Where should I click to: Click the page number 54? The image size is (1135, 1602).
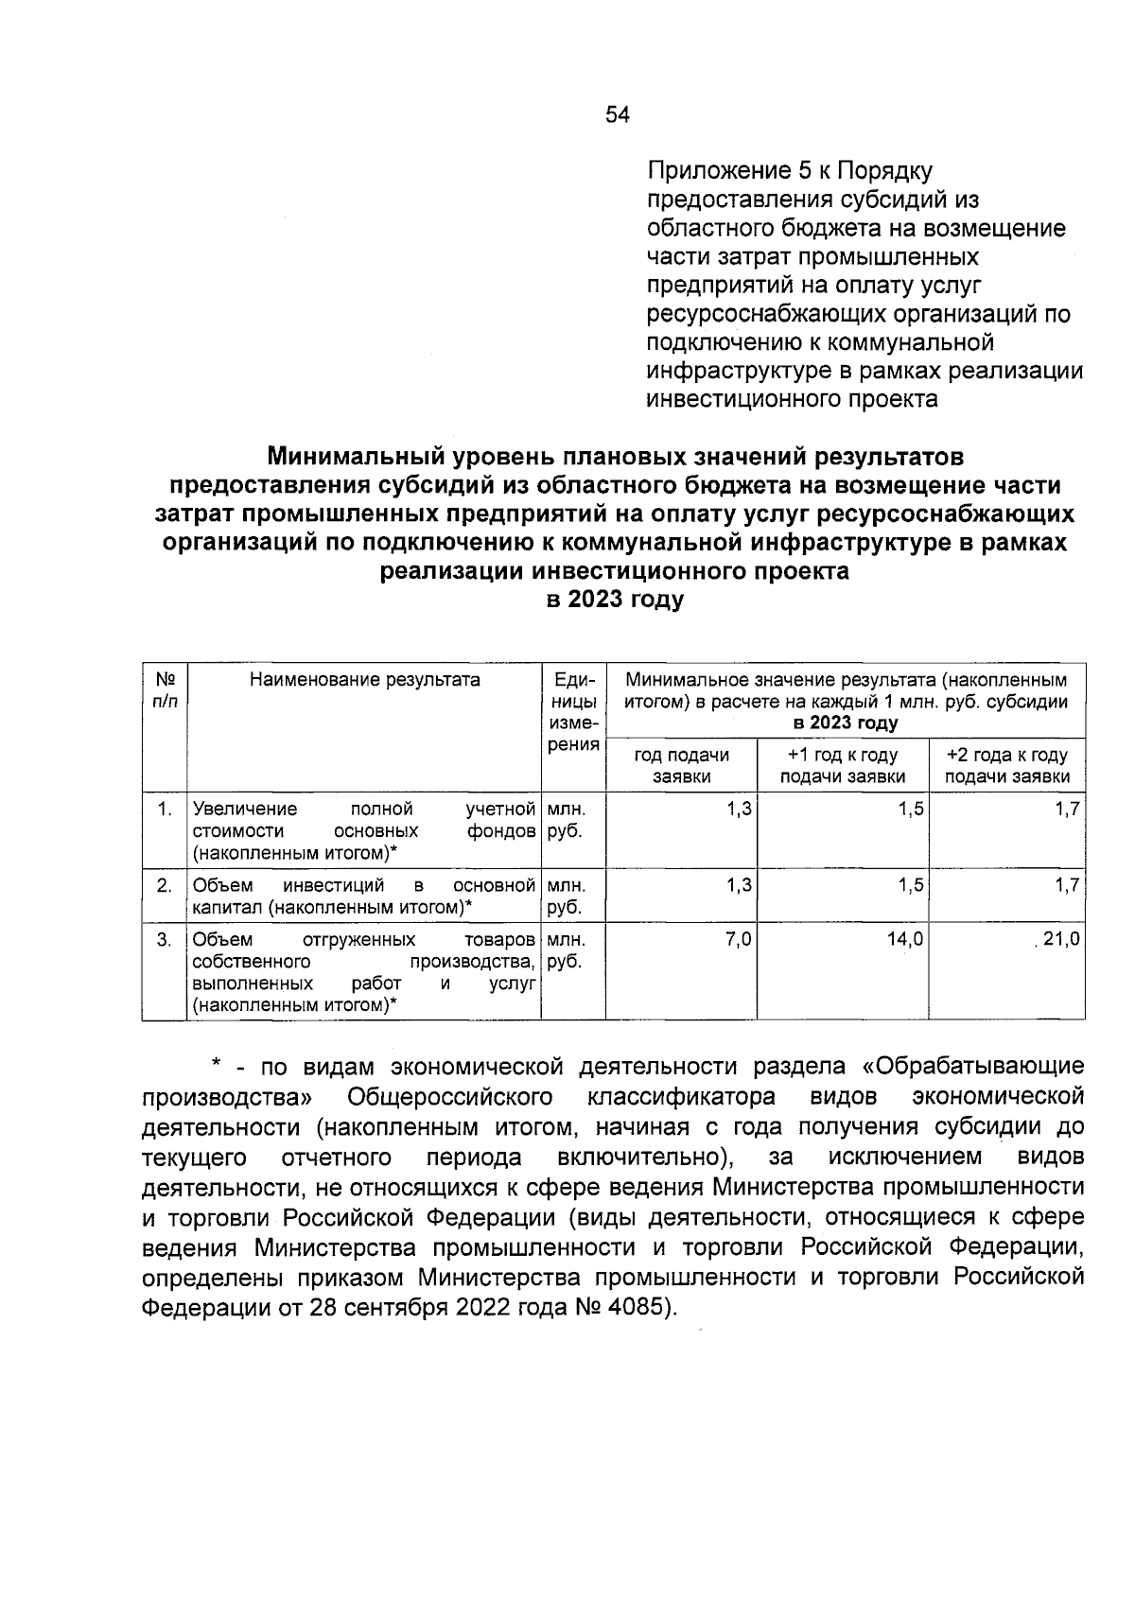617,115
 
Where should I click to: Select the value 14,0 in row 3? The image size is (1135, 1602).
905,941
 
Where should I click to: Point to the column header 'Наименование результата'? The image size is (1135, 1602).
364,680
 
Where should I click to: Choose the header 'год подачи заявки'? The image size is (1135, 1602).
681,766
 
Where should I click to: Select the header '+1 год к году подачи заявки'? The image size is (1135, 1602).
843,766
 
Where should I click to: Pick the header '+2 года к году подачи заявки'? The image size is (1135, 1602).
1007,766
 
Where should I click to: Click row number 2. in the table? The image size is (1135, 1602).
165,886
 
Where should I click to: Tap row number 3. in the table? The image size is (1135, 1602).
165,941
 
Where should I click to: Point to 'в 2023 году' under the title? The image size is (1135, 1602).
614,600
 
